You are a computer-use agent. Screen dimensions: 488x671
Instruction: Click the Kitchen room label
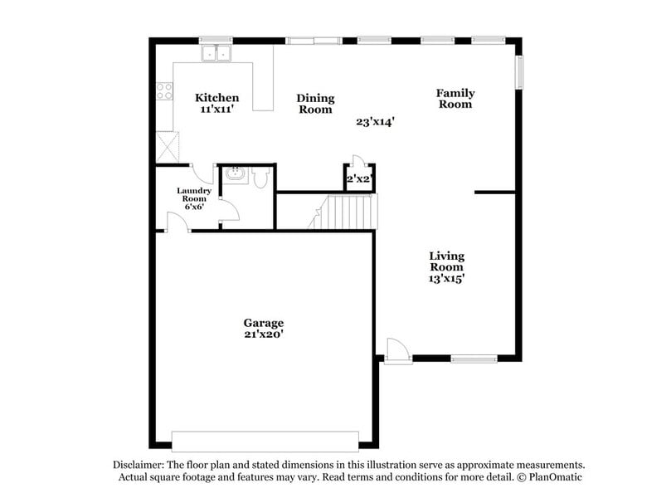216,98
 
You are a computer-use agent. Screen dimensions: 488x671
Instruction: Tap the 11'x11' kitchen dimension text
216,109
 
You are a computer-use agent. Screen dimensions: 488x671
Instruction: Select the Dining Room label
315,104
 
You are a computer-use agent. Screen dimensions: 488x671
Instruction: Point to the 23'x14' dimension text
375,121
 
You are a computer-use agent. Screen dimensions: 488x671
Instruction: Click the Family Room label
455,99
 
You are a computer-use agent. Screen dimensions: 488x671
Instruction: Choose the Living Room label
446,261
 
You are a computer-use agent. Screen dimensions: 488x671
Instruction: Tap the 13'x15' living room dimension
446,279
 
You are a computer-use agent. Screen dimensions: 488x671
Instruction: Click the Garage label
263,323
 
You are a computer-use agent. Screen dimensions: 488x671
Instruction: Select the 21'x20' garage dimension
263,334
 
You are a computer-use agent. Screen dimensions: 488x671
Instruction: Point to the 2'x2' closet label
360,178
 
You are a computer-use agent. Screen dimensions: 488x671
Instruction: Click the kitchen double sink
218,54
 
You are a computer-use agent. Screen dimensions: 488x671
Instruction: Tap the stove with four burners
164,91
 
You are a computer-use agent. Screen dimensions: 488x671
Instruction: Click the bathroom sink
236,175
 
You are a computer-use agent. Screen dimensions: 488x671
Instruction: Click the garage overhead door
265,441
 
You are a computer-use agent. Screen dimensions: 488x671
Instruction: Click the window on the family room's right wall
520,72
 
